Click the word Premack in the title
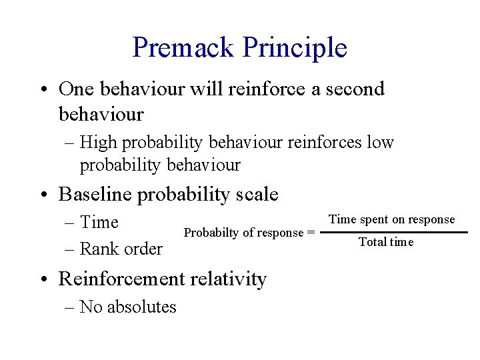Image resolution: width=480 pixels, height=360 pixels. [x=183, y=47]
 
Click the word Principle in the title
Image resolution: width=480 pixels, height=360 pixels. [x=295, y=47]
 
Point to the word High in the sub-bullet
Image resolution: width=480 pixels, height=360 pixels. [x=99, y=142]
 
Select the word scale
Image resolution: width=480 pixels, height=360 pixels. [x=257, y=194]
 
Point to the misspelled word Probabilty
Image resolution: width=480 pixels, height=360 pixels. [x=205, y=233]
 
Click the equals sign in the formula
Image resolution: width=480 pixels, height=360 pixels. [x=310, y=233]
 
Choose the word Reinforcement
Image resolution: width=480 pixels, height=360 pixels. [x=119, y=279]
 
